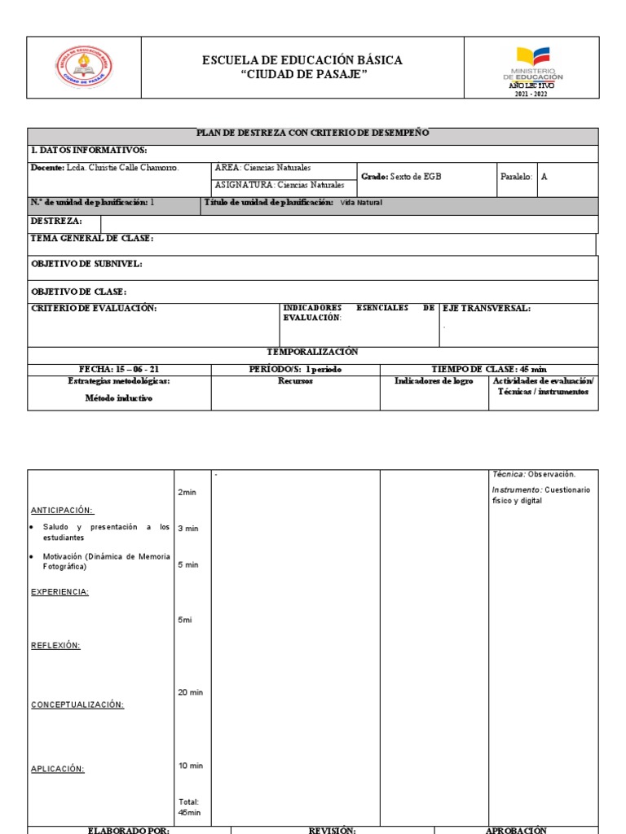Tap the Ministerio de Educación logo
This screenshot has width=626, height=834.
[x=531, y=66]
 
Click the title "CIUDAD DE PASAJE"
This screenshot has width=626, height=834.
[x=302, y=75]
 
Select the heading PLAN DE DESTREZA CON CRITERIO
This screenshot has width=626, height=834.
[x=313, y=134]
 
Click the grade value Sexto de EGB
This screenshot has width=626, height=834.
[x=416, y=176]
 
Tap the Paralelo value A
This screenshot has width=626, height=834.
[x=544, y=176]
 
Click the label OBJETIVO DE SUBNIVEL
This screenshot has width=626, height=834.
[x=86, y=264]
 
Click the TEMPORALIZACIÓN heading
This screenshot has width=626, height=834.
[x=313, y=351]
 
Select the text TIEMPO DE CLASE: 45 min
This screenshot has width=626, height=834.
[x=489, y=369]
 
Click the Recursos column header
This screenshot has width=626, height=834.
[x=295, y=381]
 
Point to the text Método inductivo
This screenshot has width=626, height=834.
[x=119, y=398]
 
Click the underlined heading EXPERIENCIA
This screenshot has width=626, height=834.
[x=60, y=592]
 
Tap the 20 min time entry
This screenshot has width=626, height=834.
[x=190, y=692]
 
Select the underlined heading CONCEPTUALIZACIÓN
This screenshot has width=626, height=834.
[x=77, y=705]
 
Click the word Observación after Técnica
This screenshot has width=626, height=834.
[x=551, y=474]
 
